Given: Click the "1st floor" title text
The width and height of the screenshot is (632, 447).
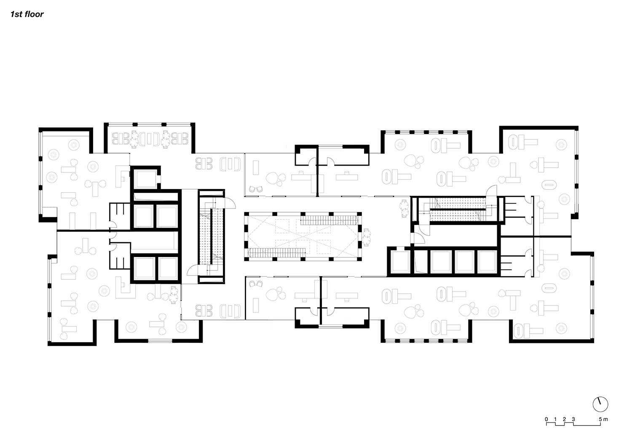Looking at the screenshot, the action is point(27,14).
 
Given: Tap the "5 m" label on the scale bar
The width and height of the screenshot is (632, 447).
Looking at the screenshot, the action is point(603,419).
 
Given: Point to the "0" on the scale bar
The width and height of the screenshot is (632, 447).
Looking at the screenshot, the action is point(546,419).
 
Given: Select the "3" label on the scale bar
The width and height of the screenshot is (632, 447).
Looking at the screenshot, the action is point(573,419).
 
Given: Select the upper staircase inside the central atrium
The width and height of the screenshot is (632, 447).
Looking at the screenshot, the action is point(329,220).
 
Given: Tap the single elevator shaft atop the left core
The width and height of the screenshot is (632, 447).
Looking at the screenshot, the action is point(145,179).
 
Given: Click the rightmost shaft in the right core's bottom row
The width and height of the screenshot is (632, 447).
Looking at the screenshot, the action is point(487,262).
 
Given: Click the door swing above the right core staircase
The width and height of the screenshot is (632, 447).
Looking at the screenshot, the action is point(492,190).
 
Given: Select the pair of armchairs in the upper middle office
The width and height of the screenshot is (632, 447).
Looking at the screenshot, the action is point(256,189).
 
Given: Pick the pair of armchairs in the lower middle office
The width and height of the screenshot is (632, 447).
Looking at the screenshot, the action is point(256,284).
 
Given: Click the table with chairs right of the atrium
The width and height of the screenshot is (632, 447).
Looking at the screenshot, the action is point(367,237).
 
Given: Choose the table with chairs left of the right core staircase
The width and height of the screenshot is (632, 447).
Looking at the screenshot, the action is point(404,209).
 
